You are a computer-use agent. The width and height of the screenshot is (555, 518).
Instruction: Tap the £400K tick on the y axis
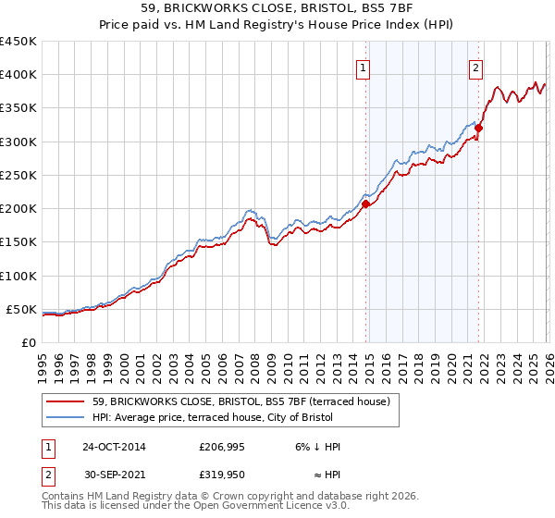coord(18,75)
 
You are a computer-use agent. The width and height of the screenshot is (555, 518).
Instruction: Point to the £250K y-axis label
coord(18,175)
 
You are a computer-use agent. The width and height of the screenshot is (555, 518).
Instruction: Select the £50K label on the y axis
coord(22,309)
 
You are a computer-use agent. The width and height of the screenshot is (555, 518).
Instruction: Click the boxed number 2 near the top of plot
coord(475,68)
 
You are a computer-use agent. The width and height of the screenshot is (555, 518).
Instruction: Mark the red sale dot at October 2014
coord(365,203)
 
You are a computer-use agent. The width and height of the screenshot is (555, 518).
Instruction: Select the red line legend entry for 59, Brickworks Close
coord(242,401)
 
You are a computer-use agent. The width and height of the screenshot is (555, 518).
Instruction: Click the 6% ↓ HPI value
coord(314,447)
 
